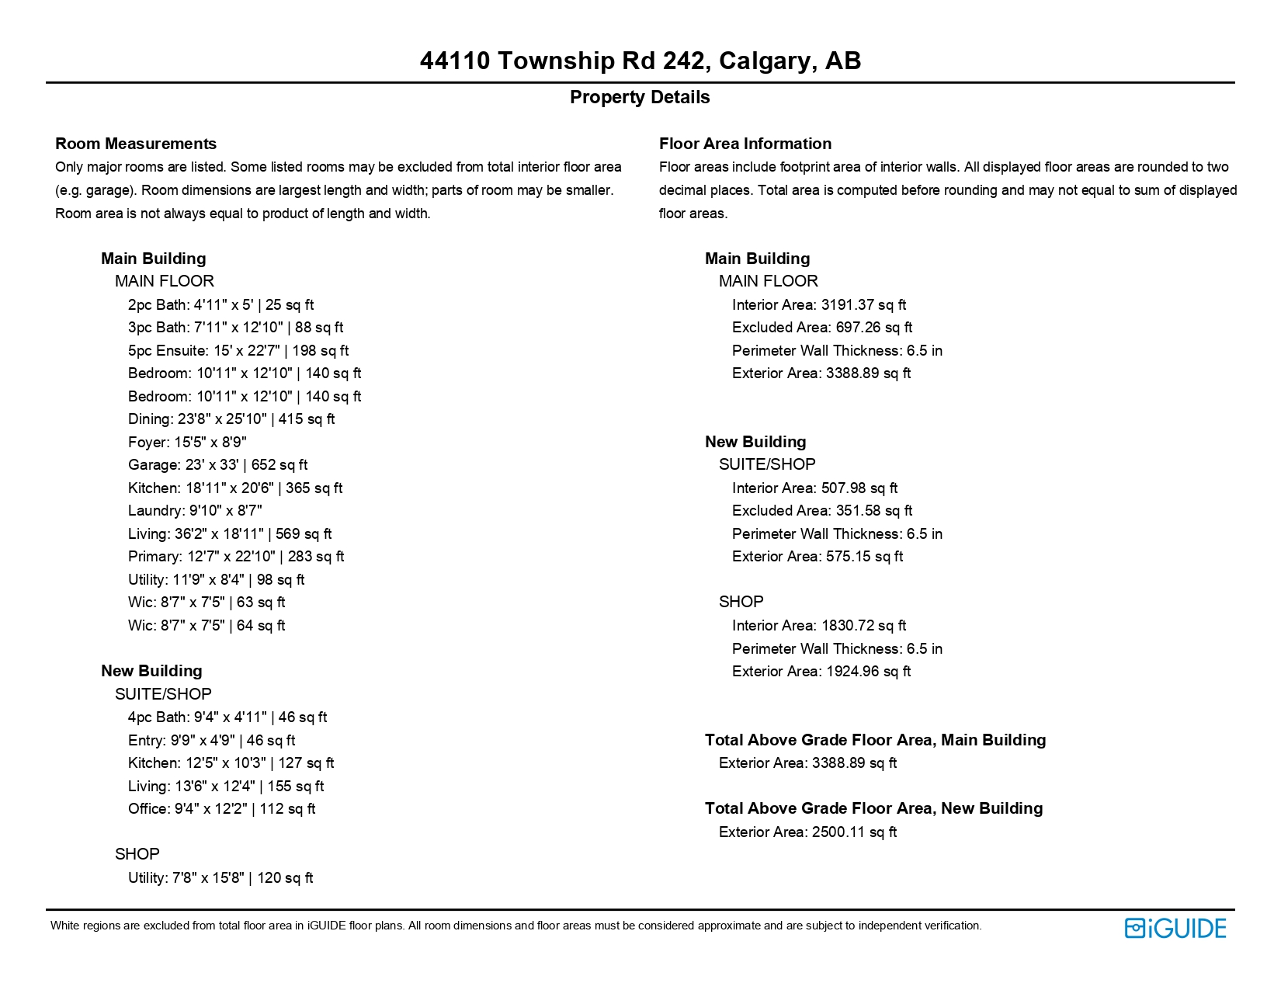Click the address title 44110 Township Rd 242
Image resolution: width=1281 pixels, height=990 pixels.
coord(640,61)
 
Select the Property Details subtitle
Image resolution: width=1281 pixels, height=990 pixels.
coord(640,97)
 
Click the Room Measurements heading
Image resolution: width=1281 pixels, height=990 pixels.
coord(136,144)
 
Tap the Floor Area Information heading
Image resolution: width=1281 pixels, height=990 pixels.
coord(745,144)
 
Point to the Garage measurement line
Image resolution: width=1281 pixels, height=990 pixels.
coord(217,465)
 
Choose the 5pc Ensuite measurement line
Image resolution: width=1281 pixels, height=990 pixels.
coord(238,351)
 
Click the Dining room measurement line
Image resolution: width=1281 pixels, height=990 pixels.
coord(231,419)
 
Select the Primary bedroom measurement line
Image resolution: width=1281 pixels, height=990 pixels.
coord(235,557)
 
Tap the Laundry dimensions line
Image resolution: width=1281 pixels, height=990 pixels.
coord(195,511)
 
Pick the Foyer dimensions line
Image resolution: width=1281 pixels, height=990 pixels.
coord(187,443)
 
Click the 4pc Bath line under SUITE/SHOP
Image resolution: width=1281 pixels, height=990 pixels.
coord(227,717)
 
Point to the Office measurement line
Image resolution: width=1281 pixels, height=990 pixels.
coord(221,809)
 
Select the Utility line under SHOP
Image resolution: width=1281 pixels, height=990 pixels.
coord(220,878)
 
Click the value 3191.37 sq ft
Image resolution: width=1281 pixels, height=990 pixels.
coord(863,305)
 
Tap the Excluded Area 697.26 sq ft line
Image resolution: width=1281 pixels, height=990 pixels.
coord(821,328)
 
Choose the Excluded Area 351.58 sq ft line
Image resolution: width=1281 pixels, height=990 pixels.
coord(821,511)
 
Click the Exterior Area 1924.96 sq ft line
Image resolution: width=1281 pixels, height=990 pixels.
coord(821,672)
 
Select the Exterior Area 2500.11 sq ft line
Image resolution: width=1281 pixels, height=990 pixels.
coord(807,832)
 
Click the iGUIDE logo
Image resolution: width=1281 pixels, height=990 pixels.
coord(1175,929)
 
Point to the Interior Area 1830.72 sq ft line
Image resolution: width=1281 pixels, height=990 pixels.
coord(818,626)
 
